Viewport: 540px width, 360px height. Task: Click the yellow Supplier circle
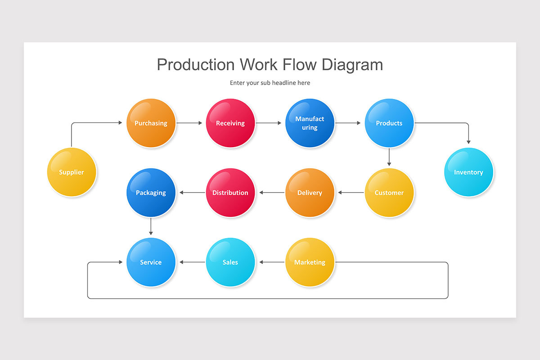click(72, 172)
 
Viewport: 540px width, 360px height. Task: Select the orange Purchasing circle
click(151, 123)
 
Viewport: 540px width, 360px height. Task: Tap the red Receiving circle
click(230, 123)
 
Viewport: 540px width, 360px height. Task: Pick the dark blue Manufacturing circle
click(310, 123)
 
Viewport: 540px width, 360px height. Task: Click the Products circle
click(389, 123)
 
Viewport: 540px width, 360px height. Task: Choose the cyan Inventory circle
click(468, 172)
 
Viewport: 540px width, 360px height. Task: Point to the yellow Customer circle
click(389, 193)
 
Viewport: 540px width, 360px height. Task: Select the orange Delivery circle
click(310, 193)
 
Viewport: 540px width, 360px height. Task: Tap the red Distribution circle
click(230, 193)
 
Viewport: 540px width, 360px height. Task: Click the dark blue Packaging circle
click(151, 193)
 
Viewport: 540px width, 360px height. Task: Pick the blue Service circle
click(151, 262)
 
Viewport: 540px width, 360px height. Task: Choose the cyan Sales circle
click(230, 262)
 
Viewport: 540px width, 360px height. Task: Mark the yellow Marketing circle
click(310, 262)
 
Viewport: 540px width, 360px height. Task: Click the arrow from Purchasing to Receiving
click(189, 123)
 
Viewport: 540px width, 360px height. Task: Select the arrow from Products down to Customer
click(389, 157)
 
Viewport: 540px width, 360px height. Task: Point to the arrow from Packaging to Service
click(151, 226)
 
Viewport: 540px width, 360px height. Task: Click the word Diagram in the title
click(352, 65)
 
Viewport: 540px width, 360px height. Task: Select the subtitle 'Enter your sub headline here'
click(270, 83)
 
